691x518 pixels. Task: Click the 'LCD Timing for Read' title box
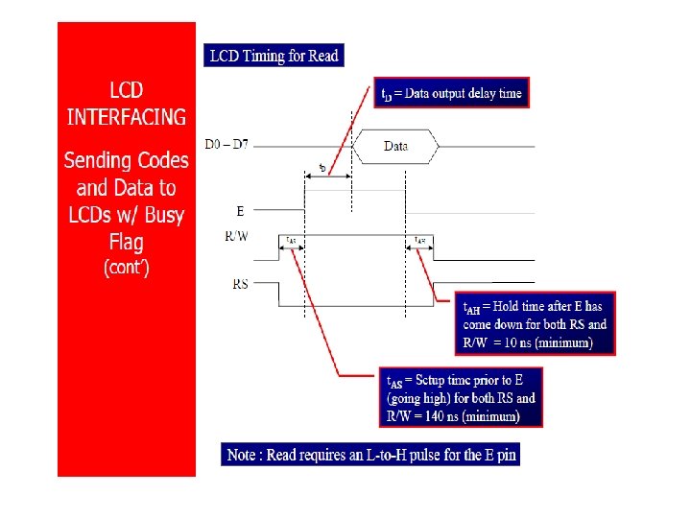[274, 56]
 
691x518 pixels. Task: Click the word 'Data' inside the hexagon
[395, 147]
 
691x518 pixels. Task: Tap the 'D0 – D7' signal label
[225, 145]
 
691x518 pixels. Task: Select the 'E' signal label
[239, 210]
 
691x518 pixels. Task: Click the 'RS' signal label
[241, 283]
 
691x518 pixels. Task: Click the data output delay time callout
[451, 93]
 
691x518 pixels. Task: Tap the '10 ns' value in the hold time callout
[544, 341]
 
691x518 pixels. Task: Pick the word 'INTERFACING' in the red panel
[126, 117]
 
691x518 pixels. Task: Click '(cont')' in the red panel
[126, 268]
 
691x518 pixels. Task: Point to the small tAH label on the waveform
[420, 240]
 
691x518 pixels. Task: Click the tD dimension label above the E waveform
[322, 170]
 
